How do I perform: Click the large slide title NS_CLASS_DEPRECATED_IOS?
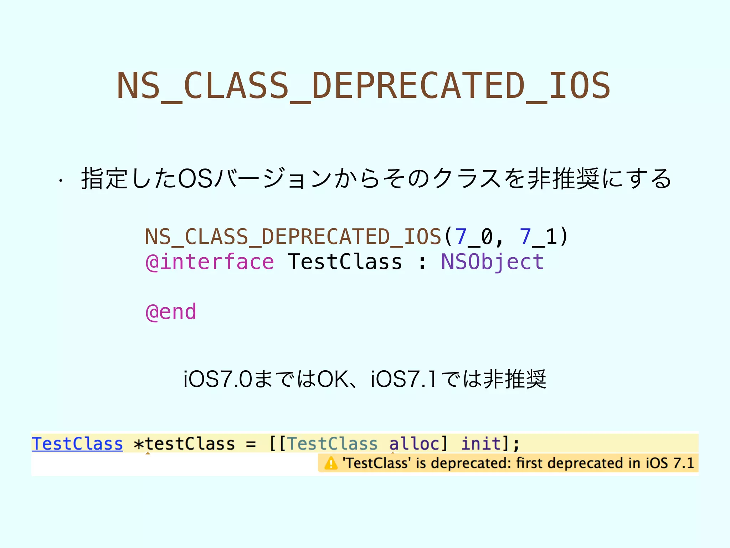(364, 86)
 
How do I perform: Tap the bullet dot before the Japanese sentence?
(61, 181)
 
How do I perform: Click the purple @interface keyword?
(210, 262)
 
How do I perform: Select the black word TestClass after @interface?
(345, 262)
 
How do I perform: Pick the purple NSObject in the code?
(492, 262)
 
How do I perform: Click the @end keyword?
(171, 312)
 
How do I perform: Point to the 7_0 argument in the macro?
(474, 237)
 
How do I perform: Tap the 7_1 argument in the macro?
(538, 237)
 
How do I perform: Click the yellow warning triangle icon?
(331, 463)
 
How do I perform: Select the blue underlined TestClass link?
(77, 444)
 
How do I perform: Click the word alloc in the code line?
(414, 444)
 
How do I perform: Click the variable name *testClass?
(184, 444)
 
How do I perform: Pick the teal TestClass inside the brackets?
(332, 444)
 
